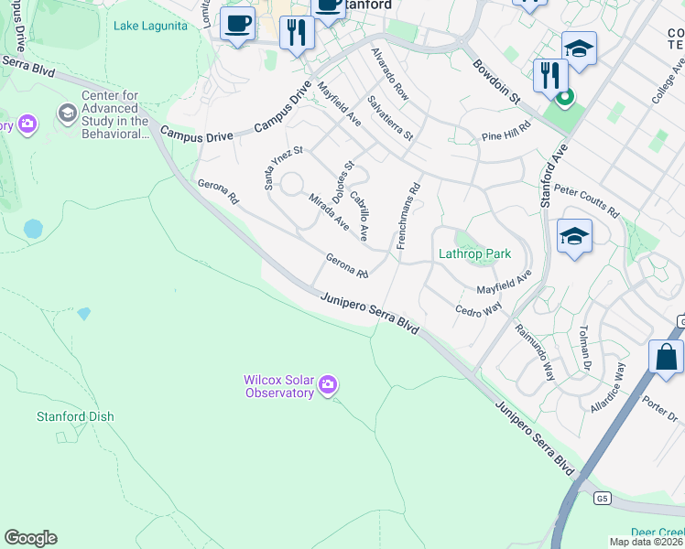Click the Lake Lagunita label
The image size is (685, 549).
pyautogui.click(x=150, y=26)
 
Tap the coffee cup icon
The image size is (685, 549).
pyautogui.click(x=237, y=24)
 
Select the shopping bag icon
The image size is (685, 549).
pyautogui.click(x=666, y=358)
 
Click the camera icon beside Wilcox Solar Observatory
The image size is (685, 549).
pyautogui.click(x=328, y=386)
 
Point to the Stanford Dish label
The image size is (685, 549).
pyautogui.click(x=75, y=416)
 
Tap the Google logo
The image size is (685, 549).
pyautogui.click(x=30, y=538)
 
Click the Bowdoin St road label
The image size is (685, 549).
pyautogui.click(x=496, y=81)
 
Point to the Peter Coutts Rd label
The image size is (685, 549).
pyautogui.click(x=586, y=200)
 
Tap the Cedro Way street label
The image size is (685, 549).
pyautogui.click(x=479, y=305)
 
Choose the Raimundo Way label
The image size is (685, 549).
pyautogui.click(x=535, y=352)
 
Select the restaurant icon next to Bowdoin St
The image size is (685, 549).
pyautogui.click(x=549, y=74)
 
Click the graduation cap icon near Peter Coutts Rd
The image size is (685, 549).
pyautogui.click(x=574, y=237)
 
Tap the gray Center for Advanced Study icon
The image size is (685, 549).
pyautogui.click(x=67, y=113)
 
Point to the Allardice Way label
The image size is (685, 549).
pyautogui.click(x=608, y=388)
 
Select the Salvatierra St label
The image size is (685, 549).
pyautogui.click(x=390, y=118)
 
